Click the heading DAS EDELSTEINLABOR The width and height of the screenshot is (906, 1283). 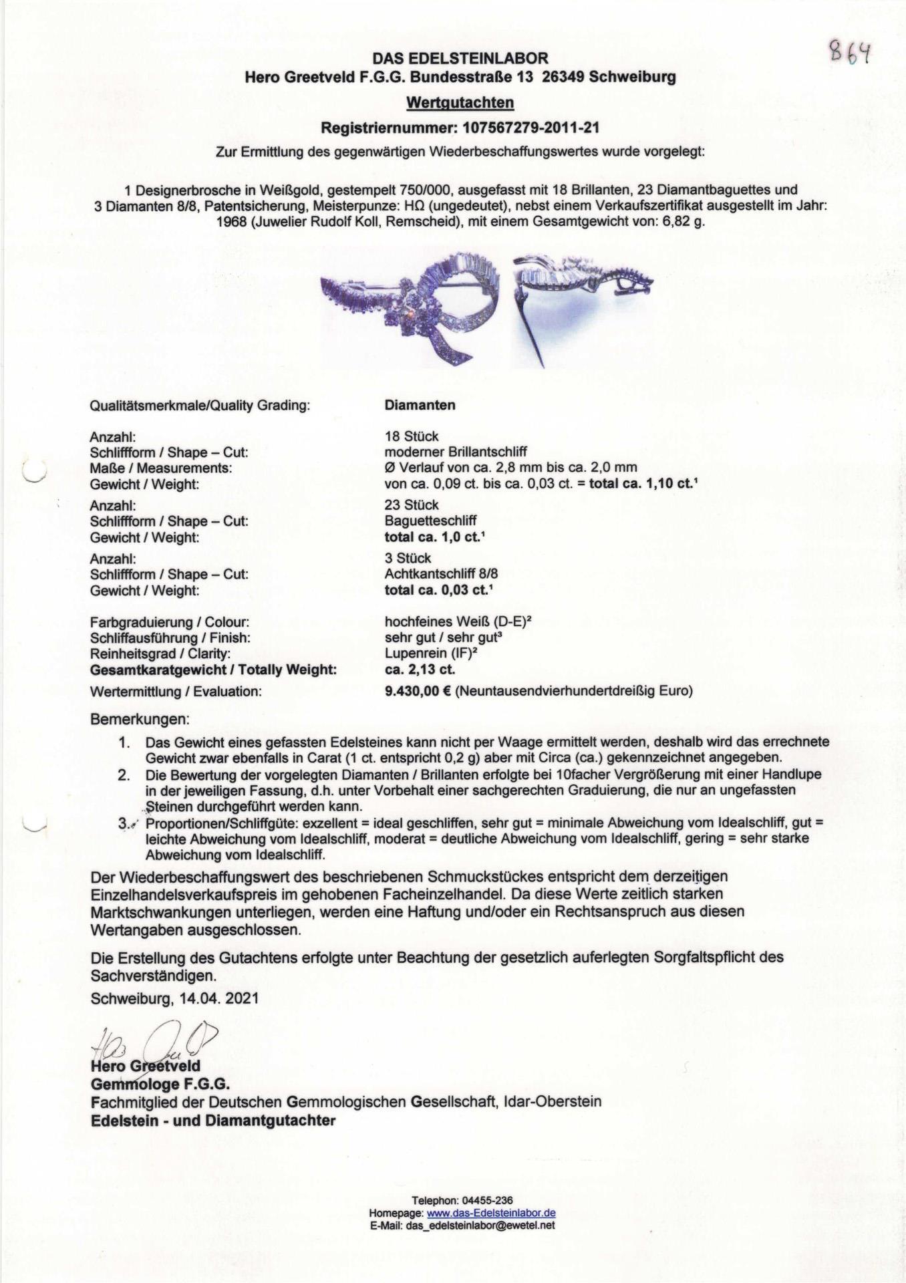tap(460, 59)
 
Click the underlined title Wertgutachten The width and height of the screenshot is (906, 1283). tap(460, 103)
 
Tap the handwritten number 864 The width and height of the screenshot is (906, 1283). tap(850, 51)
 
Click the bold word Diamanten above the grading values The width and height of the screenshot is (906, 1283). tap(420, 405)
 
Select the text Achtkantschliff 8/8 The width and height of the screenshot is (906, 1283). tap(441, 574)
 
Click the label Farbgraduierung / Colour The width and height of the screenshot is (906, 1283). tap(170, 622)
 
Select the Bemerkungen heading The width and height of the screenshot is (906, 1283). tap(140, 720)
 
